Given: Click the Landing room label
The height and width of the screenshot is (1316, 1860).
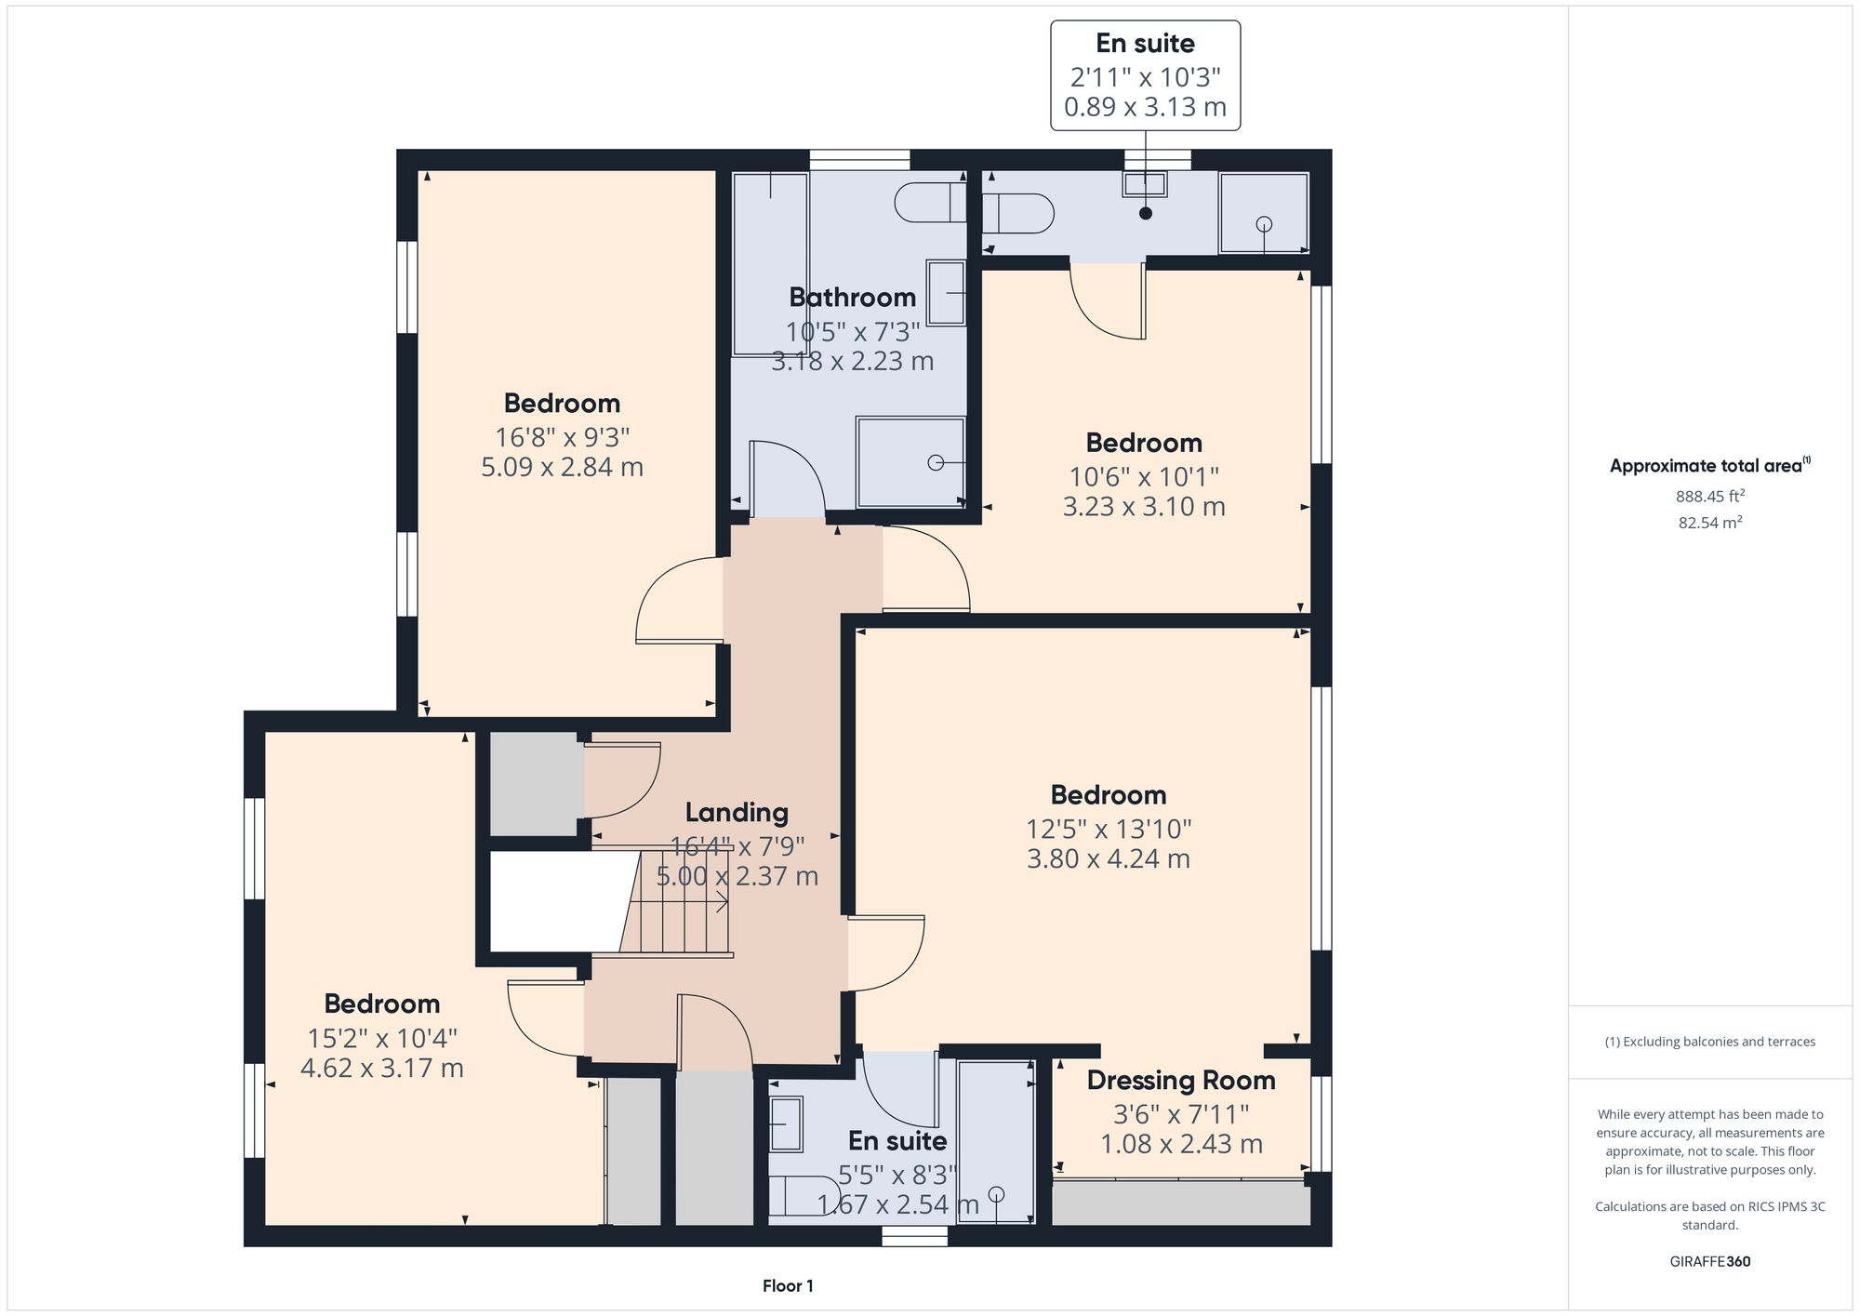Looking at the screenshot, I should [x=737, y=813].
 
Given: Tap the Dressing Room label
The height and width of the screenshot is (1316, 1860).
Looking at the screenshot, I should [x=1180, y=1081].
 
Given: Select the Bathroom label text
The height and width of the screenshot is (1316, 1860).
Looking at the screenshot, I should [x=852, y=298].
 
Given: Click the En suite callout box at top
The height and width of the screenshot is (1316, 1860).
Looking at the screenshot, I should [x=1145, y=75].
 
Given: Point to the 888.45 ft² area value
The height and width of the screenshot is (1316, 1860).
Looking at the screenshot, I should [x=1709, y=497].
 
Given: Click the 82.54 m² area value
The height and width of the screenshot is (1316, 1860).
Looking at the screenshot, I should [x=1709, y=523].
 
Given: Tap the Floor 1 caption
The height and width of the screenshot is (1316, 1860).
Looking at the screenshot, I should [x=788, y=1286].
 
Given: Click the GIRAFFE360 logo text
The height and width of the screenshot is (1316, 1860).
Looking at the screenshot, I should [x=1709, y=1262].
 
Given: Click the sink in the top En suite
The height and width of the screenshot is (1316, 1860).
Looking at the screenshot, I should [x=1144, y=184].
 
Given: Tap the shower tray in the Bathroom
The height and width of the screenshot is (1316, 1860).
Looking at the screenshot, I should [x=910, y=462].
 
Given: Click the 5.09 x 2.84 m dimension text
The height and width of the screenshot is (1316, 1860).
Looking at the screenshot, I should [x=562, y=467].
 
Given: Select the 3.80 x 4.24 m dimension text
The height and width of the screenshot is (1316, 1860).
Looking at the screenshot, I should [x=1108, y=858].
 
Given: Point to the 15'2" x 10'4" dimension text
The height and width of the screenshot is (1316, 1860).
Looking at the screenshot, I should [x=381, y=1038].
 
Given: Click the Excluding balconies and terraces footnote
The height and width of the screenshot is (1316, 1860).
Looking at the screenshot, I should [x=1709, y=1042].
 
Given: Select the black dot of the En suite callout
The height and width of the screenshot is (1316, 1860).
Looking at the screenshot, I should [x=1146, y=213].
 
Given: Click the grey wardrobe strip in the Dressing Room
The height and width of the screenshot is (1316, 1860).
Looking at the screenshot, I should [x=1180, y=1203].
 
